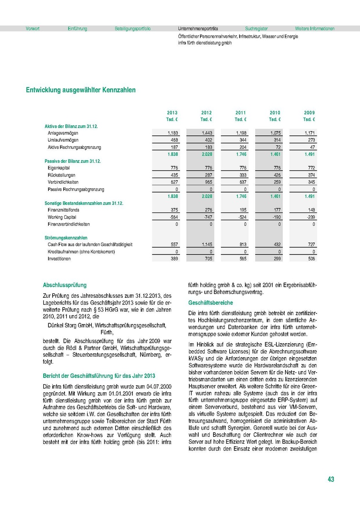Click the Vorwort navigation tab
33,29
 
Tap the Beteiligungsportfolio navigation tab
132,29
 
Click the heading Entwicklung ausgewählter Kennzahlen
81,90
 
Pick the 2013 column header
172,113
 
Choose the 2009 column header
309,113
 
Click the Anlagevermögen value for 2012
207,133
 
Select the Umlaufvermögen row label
63,140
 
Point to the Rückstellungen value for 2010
275,175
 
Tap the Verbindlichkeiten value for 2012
207,182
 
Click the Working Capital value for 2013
172,217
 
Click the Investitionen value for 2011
241,259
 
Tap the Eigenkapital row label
59,168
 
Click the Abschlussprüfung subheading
65,285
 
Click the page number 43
331,479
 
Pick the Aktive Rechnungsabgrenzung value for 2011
241,147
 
